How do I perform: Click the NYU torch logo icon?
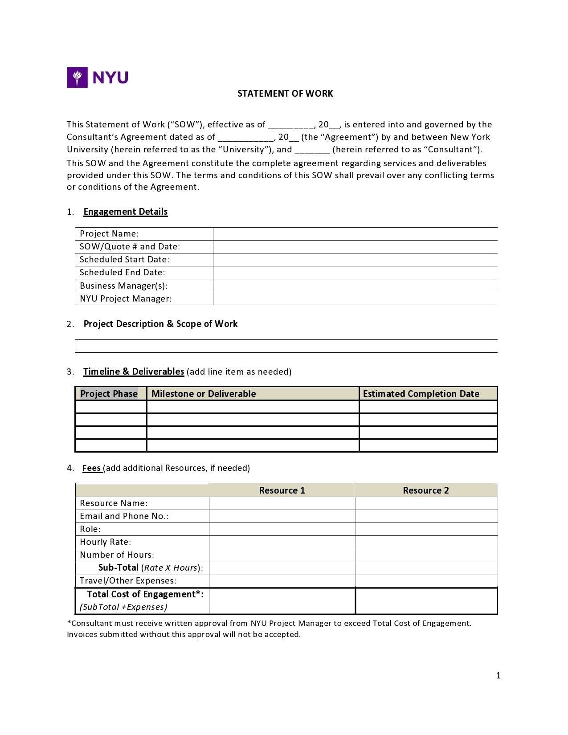[x=77, y=77]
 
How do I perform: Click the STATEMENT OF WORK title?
[x=285, y=94]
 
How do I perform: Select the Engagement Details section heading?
[x=125, y=212]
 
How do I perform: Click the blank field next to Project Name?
[x=355, y=234]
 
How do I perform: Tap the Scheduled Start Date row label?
[x=124, y=259]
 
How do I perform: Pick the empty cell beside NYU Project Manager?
[x=355, y=298]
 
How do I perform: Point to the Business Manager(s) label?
[x=123, y=286]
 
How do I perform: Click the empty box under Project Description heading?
[x=286, y=346]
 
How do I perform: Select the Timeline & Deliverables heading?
[x=134, y=372]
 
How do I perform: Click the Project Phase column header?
[x=109, y=394]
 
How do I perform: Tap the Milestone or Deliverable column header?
[x=204, y=394]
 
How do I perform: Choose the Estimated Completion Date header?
[x=421, y=394]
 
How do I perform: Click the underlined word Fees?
[x=91, y=468]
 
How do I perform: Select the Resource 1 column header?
[x=282, y=490]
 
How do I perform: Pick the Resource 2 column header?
[x=426, y=490]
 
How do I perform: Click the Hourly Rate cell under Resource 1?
[x=282, y=542]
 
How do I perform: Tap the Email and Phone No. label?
[x=124, y=516]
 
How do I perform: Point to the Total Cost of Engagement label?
[x=145, y=594]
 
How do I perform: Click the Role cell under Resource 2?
[x=426, y=529]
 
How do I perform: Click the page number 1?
[x=498, y=676]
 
